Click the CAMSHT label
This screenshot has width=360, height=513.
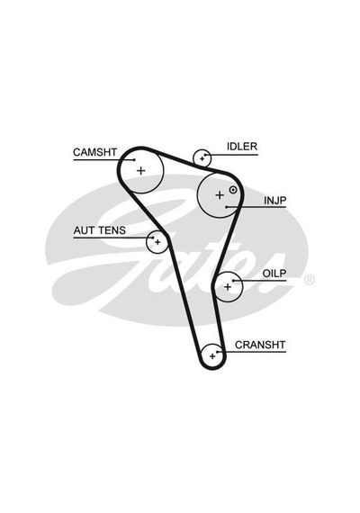[94, 152]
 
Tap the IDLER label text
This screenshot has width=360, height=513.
[242, 147]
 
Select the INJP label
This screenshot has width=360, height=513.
[275, 200]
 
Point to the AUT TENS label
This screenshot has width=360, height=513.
[100, 230]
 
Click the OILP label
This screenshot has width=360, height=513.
[274, 274]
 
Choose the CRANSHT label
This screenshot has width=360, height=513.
[260, 345]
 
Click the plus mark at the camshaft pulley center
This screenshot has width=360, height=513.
[140, 170]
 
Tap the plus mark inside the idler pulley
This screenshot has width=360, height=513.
[202, 159]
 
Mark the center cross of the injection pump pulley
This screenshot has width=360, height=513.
[220, 195]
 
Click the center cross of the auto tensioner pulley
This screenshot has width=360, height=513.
[157, 242]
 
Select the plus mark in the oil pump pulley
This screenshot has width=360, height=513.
[228, 287]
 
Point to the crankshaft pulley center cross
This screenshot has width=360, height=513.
[212, 356]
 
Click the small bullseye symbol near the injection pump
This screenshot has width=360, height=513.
[233, 189]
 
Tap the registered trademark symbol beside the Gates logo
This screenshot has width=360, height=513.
[310, 280]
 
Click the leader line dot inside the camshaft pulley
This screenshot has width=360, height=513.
[134, 159]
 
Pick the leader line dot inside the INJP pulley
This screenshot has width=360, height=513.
[226, 207]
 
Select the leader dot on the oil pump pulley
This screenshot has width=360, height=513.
[233, 281]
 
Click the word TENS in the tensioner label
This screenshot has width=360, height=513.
[112, 230]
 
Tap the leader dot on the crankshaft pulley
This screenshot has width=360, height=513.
[217, 352]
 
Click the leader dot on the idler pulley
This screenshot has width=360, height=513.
[205, 155]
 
